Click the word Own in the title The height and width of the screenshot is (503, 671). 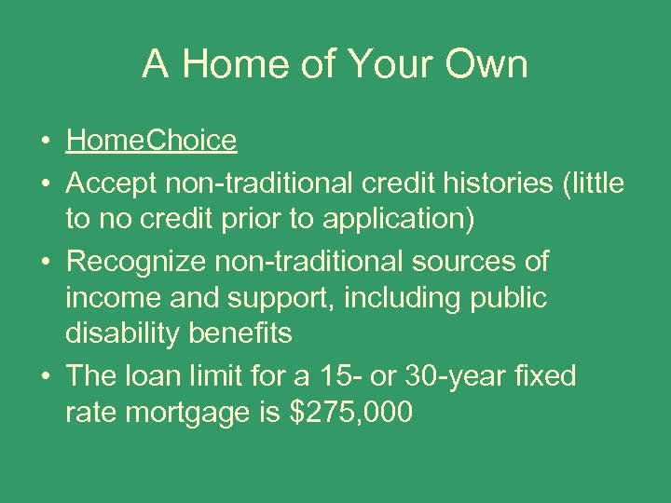click(485, 64)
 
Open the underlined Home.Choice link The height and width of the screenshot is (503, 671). click(151, 141)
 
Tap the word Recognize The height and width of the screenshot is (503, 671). click(138, 262)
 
